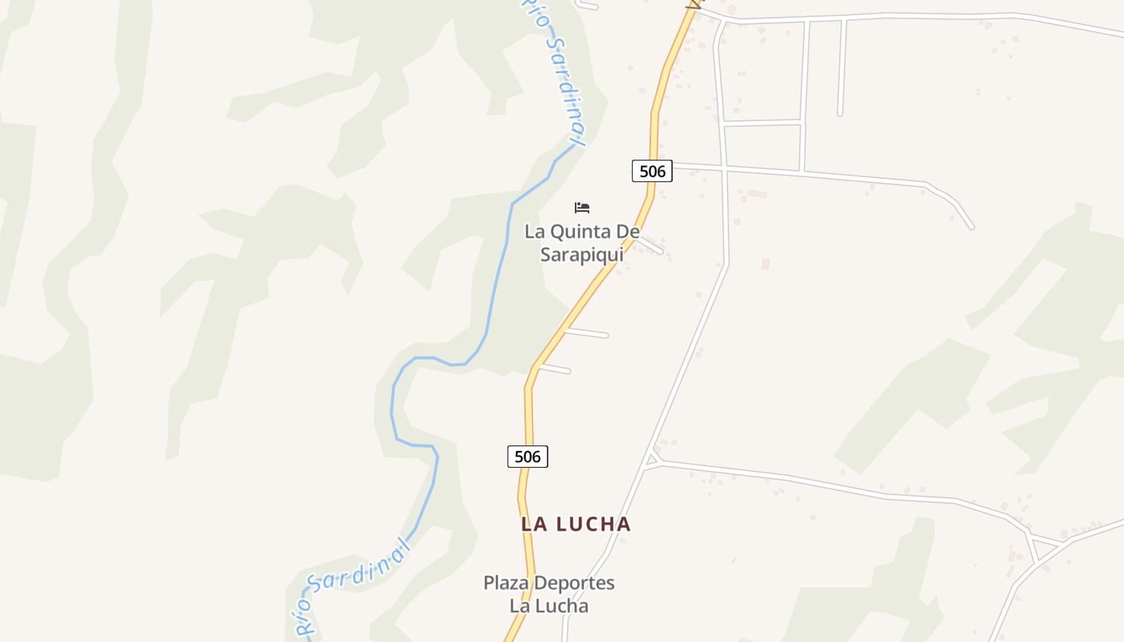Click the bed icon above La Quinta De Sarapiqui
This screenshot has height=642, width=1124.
(x=582, y=208)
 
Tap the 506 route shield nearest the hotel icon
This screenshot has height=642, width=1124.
(x=652, y=171)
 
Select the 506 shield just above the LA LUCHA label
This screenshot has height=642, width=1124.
(x=527, y=457)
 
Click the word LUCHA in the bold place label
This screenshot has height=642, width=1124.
(x=593, y=524)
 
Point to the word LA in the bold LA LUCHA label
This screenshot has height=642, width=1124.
(x=534, y=524)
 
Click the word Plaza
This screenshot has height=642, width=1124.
(x=507, y=583)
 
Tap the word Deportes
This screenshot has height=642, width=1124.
(x=574, y=583)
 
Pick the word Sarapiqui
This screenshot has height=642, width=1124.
(x=581, y=255)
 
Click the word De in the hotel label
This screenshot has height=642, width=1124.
(x=629, y=232)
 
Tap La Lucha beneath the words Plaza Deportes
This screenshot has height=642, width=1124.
(x=548, y=606)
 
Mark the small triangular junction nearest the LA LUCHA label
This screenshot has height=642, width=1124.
(x=652, y=459)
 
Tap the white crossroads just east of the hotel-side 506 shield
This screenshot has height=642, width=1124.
(x=724, y=169)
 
